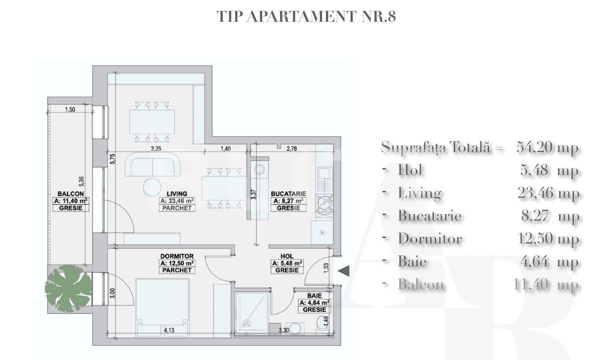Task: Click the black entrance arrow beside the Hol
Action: (x=344, y=271)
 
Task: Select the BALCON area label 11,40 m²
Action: (x=71, y=201)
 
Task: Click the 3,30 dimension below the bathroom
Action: (x=283, y=331)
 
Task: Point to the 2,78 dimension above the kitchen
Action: (x=292, y=149)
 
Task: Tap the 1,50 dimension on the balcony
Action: (x=70, y=110)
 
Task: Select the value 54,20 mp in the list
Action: (x=547, y=147)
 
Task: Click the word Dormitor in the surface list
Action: (x=430, y=238)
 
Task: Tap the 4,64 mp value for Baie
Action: (x=549, y=261)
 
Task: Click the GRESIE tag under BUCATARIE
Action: (x=288, y=208)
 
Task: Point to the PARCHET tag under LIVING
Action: (x=177, y=208)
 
